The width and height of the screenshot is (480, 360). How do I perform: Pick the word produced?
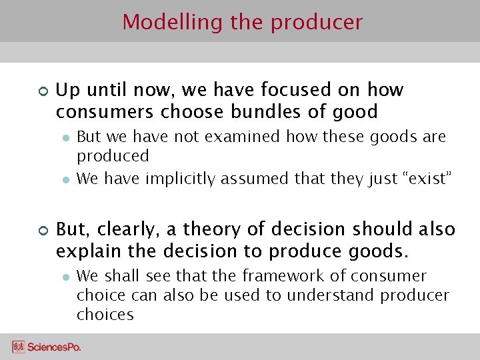pyautogui.click(x=113, y=157)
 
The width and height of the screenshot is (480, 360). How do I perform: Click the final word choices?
pyautogui.click(x=105, y=315)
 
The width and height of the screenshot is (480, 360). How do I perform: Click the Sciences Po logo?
pyautogui.click(x=47, y=347)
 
